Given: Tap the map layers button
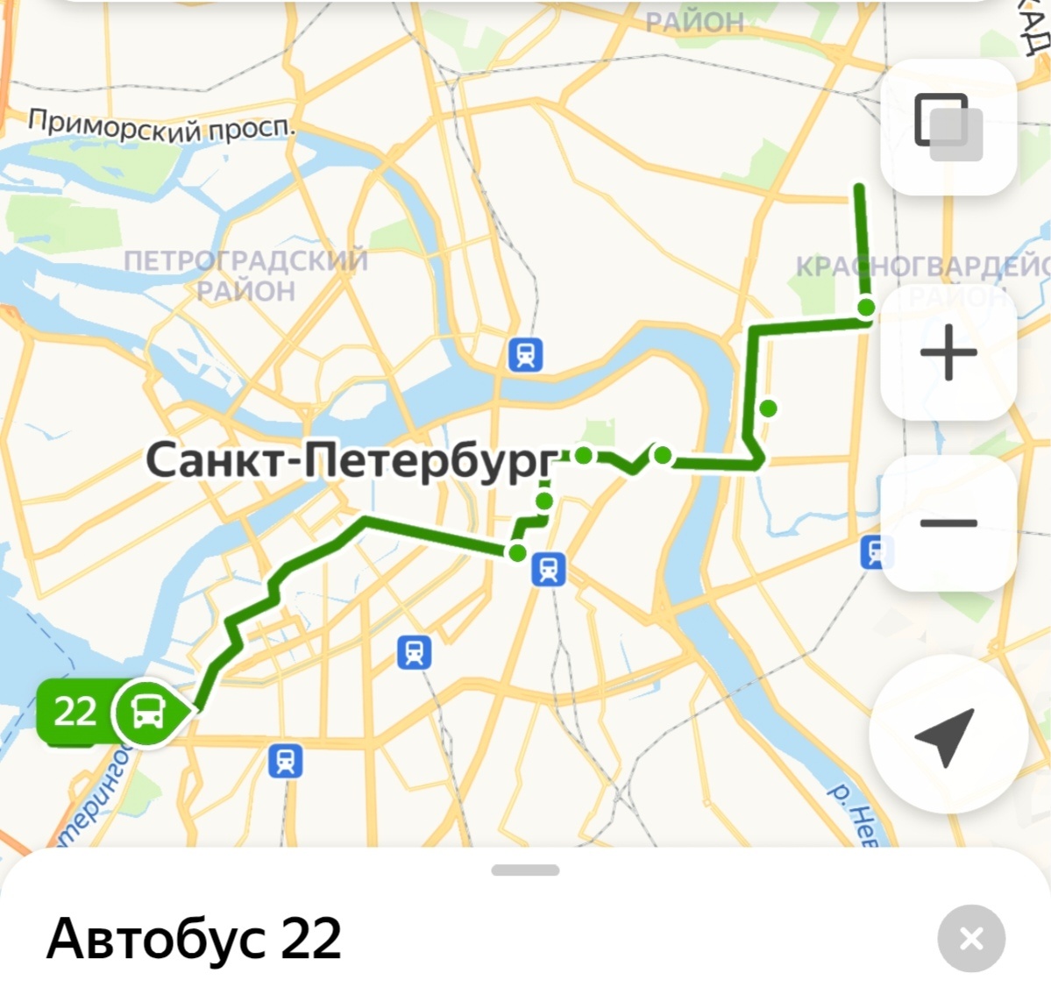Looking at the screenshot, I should pos(948,127).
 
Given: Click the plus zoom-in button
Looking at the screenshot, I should pos(948,352).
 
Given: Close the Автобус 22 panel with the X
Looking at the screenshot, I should pos(970,939).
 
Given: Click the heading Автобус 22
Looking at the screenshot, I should pos(194,939).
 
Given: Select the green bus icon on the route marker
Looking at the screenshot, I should pos(146,712).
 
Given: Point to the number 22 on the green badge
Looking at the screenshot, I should pos(75,711).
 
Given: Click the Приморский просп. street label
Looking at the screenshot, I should pos(162,126).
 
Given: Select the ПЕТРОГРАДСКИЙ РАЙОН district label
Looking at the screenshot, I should pos(245,275).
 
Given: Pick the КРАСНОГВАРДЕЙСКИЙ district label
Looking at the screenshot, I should pos(920,266).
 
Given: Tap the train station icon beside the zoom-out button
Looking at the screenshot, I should pos(875,552).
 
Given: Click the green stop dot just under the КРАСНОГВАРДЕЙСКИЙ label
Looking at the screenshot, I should pos(866,307).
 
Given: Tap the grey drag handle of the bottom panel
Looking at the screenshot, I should pos(525,870).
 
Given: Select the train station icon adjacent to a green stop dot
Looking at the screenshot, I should pos(549,570).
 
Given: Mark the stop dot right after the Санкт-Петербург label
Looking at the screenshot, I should pos(583,455).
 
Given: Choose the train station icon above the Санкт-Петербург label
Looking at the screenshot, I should pos(525,355).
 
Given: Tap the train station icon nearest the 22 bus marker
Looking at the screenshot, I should pos(285,761).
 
